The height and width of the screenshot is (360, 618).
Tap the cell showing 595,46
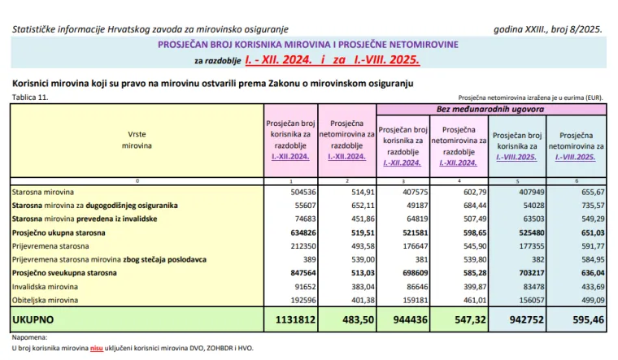[578, 319]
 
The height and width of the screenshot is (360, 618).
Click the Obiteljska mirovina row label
[46, 300]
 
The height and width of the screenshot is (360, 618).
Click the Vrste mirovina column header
[137, 138]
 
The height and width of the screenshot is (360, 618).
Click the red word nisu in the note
[97, 348]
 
